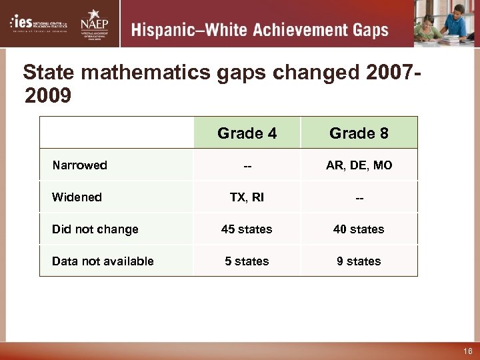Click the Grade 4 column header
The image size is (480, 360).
point(247,133)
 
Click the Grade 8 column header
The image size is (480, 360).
point(359,133)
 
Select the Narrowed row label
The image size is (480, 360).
point(79,165)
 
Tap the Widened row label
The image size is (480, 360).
point(77,197)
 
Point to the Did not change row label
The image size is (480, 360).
point(95,229)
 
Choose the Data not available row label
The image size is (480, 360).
point(103,261)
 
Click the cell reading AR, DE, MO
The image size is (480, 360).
point(359,165)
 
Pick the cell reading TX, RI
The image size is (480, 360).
point(247,197)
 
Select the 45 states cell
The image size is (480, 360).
point(247,229)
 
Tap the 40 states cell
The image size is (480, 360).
point(359,229)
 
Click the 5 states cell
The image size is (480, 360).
point(247,261)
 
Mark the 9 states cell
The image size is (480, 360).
point(359,261)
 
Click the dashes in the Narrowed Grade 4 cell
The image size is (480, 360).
point(247,165)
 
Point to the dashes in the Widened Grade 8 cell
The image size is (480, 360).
point(359,197)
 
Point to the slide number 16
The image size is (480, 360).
point(467,351)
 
